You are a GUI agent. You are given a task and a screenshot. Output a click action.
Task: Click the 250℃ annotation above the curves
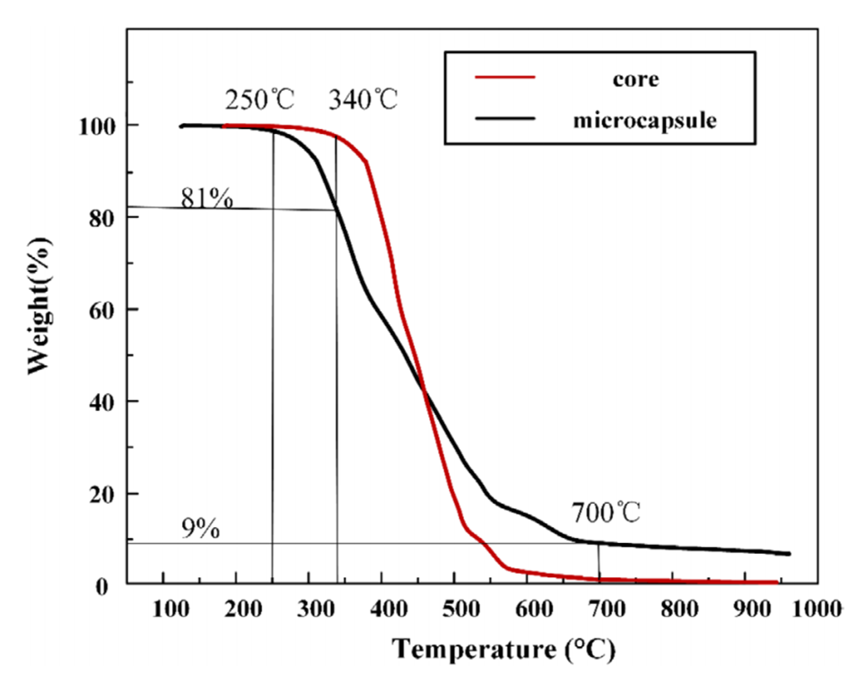[x=259, y=98]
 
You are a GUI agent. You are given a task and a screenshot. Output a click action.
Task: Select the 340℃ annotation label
[x=363, y=98]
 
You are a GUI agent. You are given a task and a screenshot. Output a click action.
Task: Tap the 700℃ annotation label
[x=606, y=514]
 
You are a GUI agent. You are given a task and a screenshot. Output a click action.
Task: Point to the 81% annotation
[x=207, y=198]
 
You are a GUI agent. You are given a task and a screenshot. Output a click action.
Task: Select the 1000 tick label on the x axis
[x=818, y=607]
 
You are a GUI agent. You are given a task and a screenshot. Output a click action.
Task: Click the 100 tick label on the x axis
[x=163, y=607]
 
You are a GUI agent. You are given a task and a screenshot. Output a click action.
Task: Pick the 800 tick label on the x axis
[x=675, y=607]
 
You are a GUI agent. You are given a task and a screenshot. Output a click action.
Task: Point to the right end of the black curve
[x=789, y=554]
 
